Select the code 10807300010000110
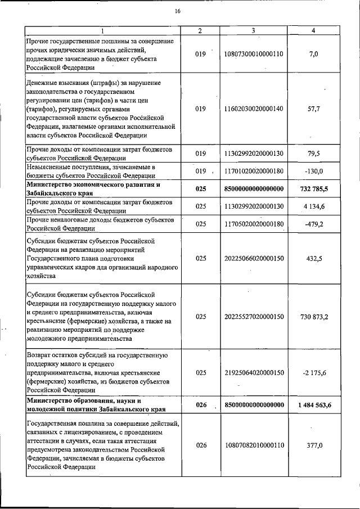click(254, 54)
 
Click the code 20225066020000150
click(254, 258)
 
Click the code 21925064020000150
click(254, 372)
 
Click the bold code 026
click(201, 405)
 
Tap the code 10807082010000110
click(254, 445)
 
